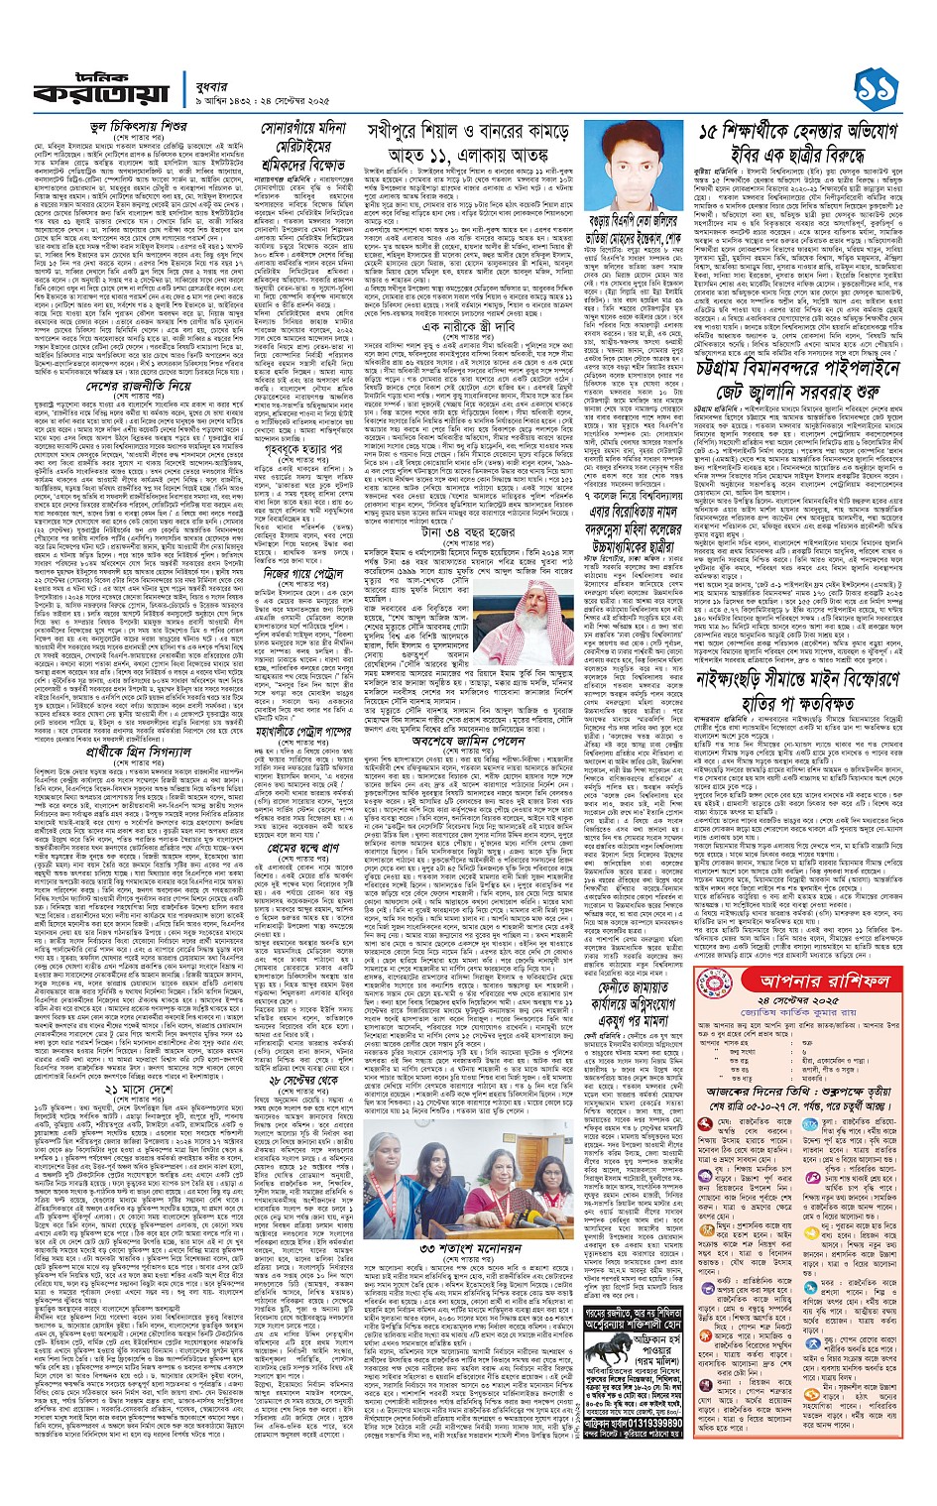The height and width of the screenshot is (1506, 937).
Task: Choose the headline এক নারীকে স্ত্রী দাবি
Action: (x=466, y=326)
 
